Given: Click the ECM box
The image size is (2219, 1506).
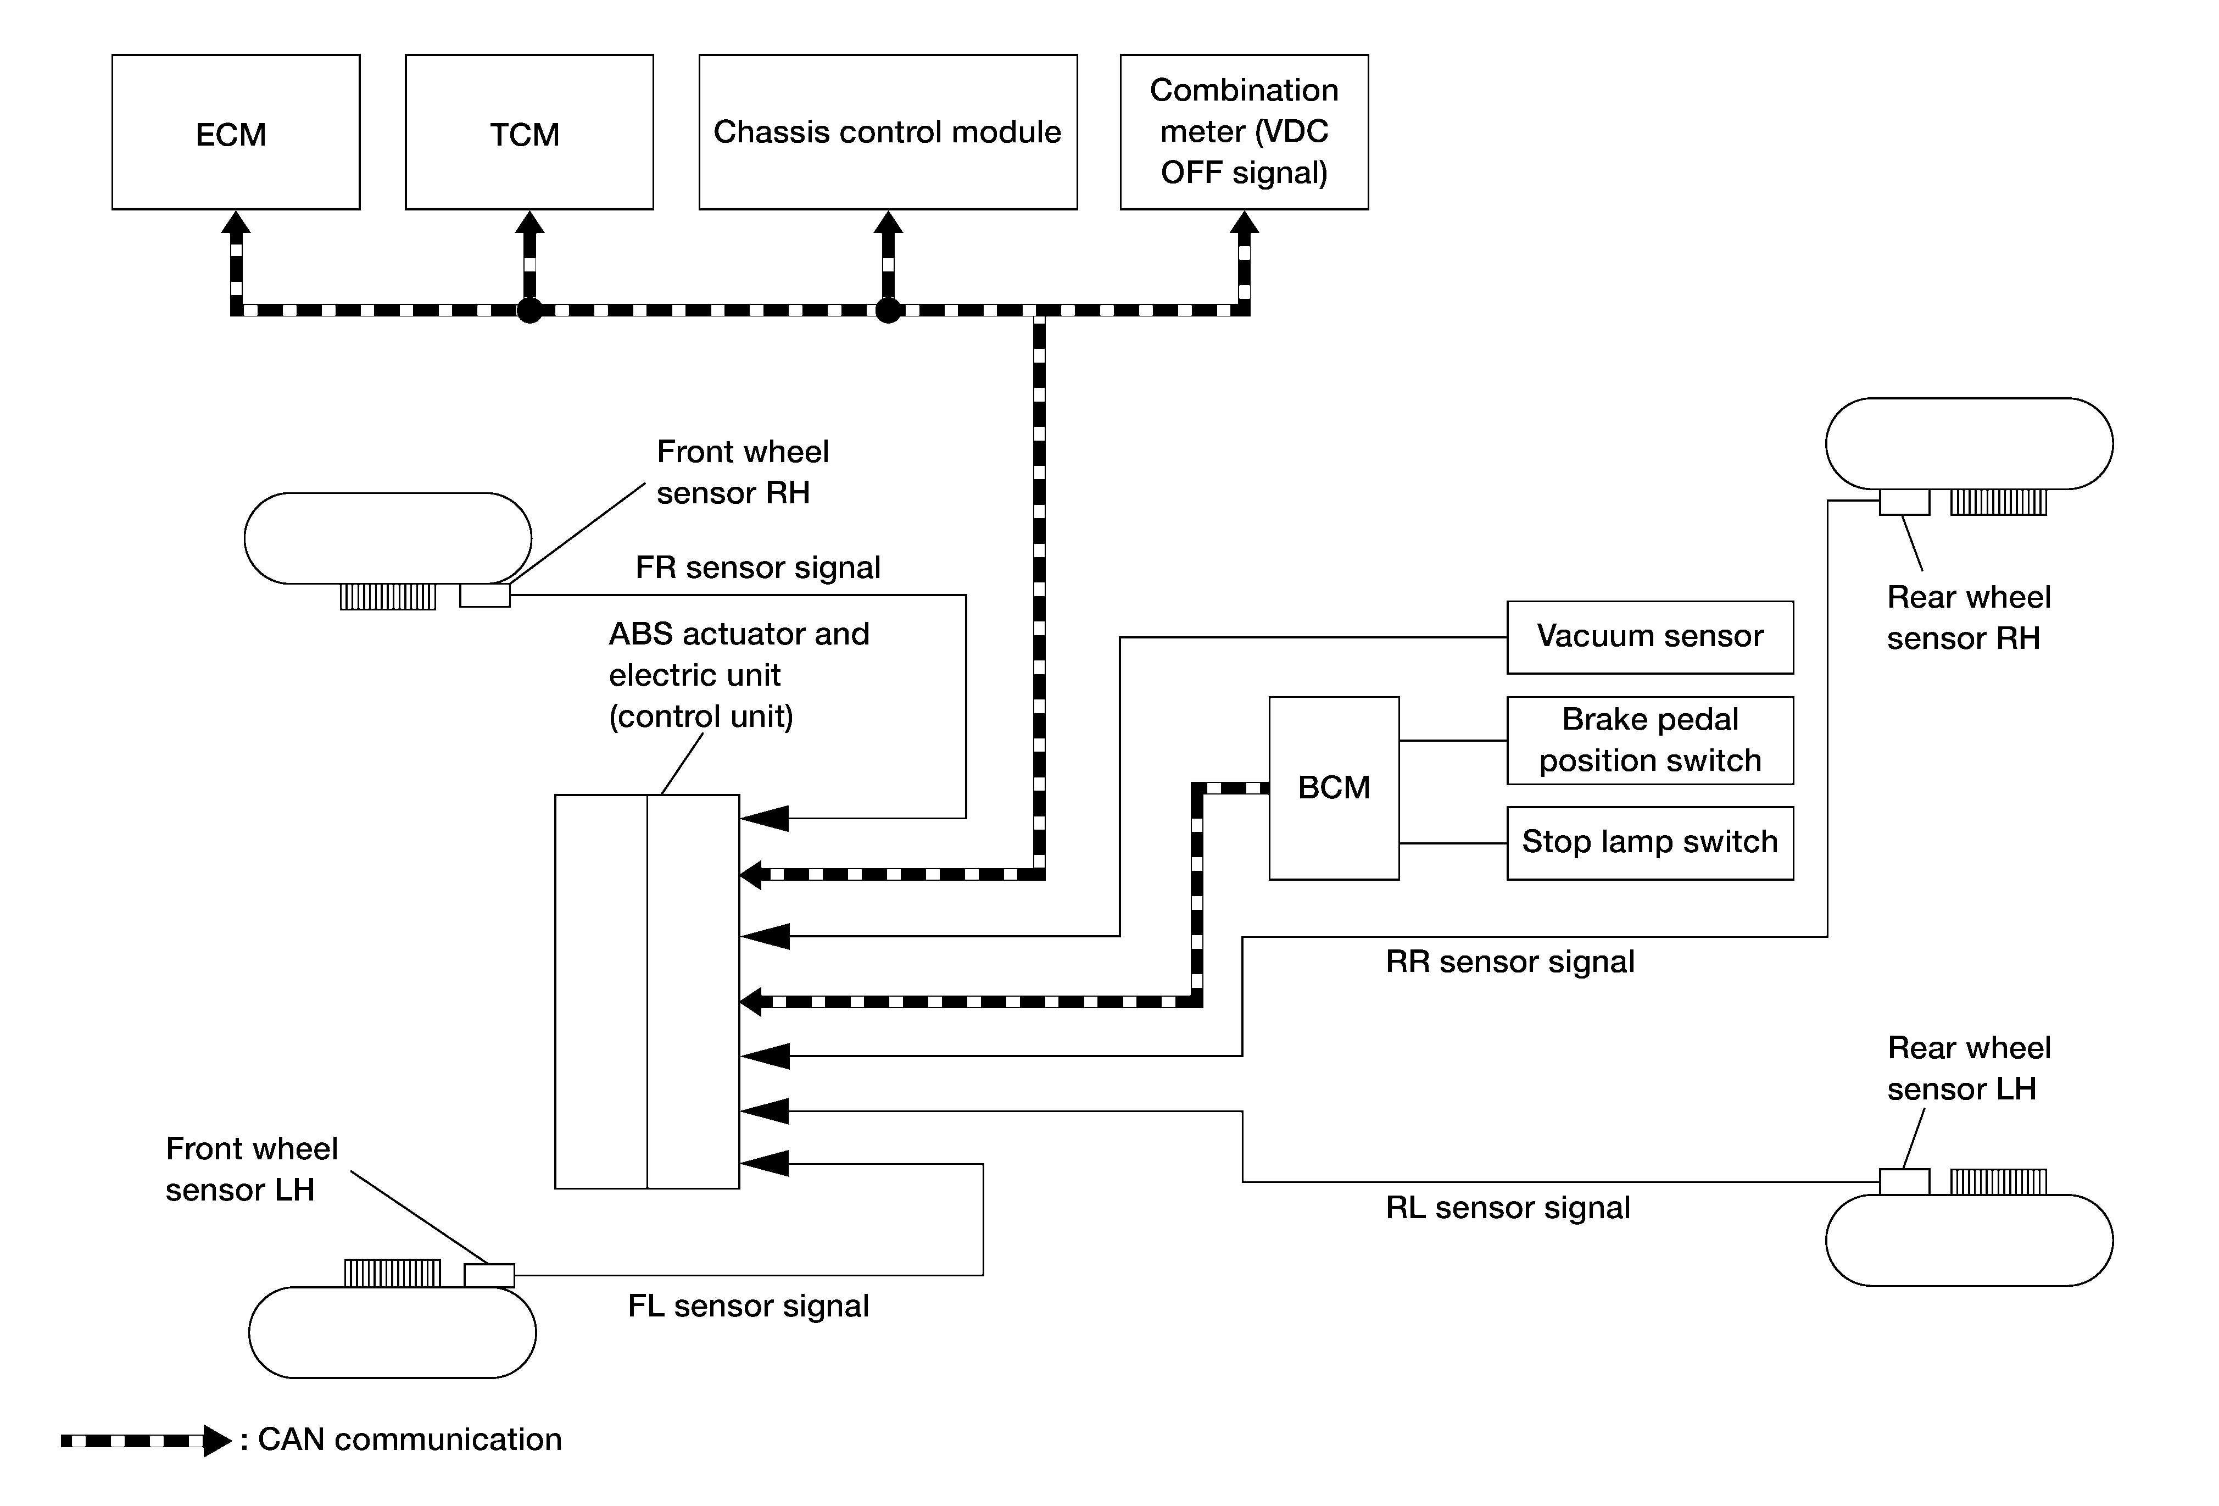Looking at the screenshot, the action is point(236,132).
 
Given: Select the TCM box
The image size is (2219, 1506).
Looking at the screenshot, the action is point(529,132).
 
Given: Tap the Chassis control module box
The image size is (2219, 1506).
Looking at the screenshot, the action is point(888,132).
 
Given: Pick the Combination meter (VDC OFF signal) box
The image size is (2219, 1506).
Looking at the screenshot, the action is point(1244,132).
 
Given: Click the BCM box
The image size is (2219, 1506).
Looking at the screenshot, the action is point(1334,788).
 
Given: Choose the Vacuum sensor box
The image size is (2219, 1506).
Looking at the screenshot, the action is point(1650,637).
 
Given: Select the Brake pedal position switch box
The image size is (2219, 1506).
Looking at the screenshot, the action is point(1650,740).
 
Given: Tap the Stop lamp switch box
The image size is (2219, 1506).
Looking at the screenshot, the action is point(1650,843).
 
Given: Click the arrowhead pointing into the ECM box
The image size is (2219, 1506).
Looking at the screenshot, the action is point(236,223).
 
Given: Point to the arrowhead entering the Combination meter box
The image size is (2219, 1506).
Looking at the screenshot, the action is point(1244,223).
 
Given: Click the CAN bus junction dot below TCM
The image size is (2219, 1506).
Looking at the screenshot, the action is point(529,310).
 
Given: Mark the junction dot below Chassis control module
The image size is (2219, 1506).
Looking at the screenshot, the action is point(888,310).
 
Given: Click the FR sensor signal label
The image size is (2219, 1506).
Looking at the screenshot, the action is point(758,567).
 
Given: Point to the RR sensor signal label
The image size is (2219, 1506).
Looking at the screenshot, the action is point(1509,962).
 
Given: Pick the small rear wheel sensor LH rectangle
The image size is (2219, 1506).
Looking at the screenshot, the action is point(1905,1181).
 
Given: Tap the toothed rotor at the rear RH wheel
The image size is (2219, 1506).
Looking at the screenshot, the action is point(1998,502).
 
